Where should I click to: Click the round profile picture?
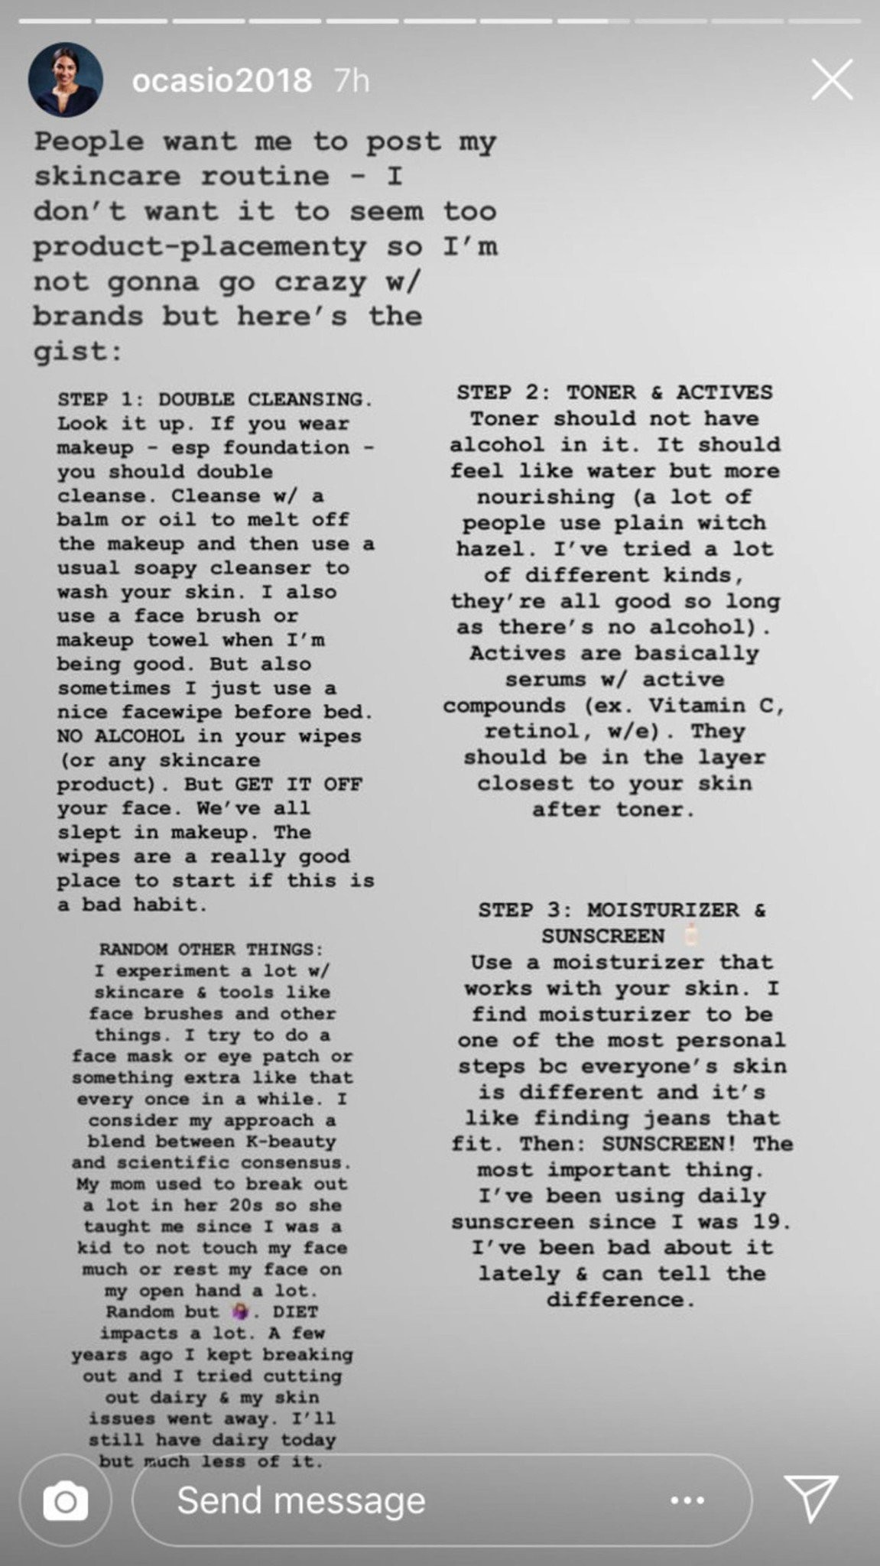pos(65,80)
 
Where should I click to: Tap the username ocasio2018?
pos(222,80)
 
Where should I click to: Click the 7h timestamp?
pos(352,80)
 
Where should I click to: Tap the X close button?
pos(831,80)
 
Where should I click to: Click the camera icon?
pos(65,1500)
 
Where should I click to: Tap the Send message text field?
pos(301,1500)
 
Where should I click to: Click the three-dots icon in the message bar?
pos(687,1500)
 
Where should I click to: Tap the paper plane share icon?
pos(811,1499)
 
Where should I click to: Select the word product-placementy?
pos(200,247)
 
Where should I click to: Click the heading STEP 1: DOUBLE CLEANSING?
pos(215,399)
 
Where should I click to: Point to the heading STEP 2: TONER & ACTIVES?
pos(615,392)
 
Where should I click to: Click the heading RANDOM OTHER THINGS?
pos(206,950)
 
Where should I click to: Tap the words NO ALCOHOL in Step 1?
pos(120,736)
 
